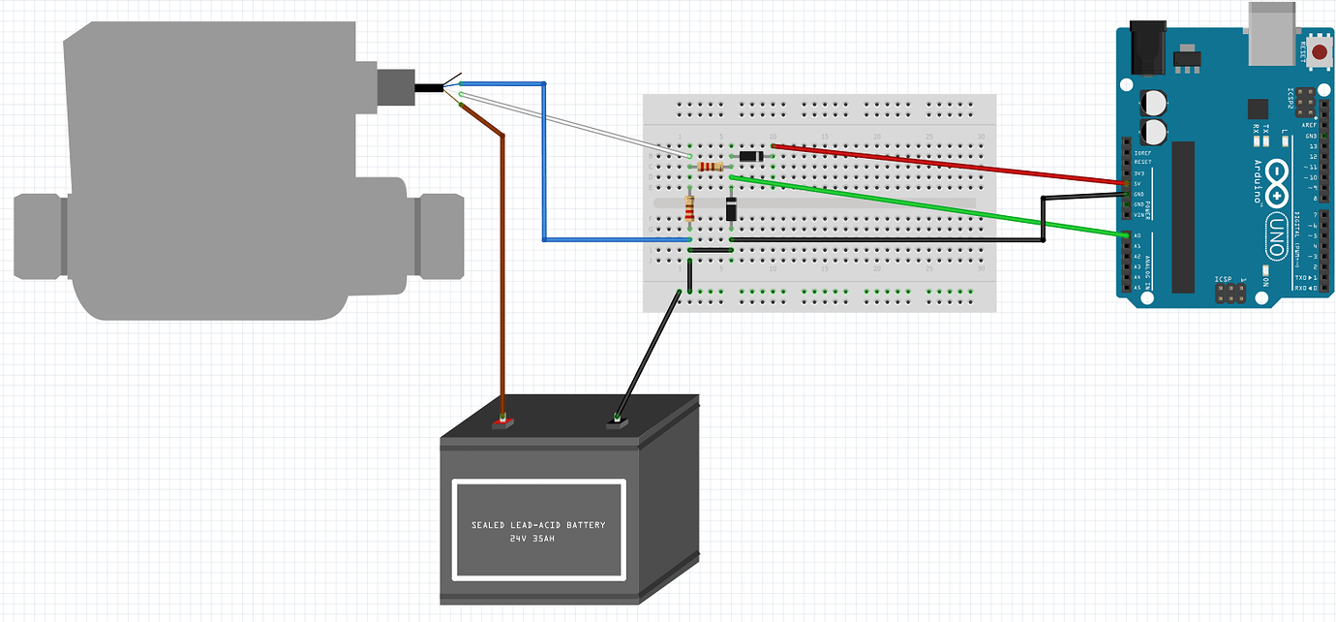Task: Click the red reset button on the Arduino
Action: coord(1317,54)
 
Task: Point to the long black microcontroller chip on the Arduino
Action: coord(1183,216)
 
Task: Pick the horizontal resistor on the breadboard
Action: coord(711,167)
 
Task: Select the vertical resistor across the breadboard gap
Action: coord(689,207)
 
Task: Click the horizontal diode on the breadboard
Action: coord(751,156)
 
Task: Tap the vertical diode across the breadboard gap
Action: coord(732,208)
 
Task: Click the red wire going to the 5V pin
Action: coord(949,165)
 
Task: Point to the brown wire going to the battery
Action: coord(502,271)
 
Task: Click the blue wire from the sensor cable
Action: coord(545,165)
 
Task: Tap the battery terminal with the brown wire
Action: coord(501,422)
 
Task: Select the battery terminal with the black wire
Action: coord(615,421)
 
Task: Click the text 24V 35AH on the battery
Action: coord(537,538)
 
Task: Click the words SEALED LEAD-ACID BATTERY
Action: coord(538,525)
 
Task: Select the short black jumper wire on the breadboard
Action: coord(710,250)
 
